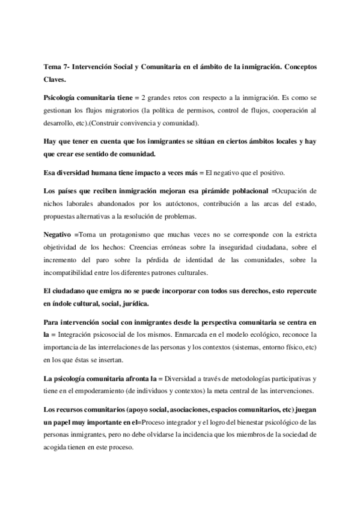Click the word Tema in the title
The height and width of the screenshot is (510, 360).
tap(53, 66)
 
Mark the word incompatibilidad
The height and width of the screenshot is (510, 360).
tap(71, 272)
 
